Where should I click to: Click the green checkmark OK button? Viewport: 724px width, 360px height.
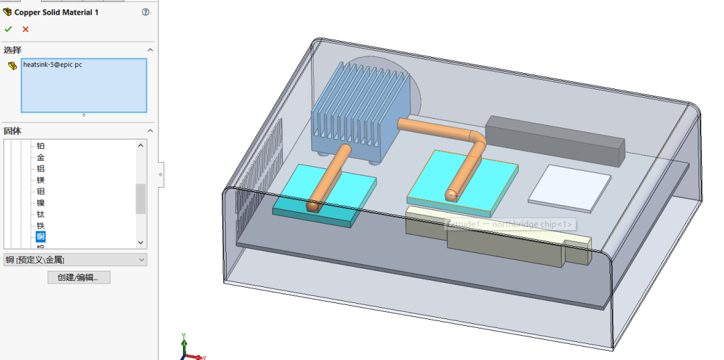pos(8,29)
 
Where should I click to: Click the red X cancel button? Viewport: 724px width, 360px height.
pos(25,29)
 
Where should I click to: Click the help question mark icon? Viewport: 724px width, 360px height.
pos(145,12)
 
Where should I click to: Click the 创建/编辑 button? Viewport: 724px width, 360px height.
pos(78,278)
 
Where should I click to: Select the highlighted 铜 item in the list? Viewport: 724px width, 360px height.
pos(41,237)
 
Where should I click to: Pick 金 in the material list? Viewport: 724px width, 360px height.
pos(41,158)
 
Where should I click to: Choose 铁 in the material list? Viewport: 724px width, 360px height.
pos(41,225)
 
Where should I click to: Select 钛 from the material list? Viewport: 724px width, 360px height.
pos(41,214)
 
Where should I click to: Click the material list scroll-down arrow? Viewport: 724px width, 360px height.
pos(141,243)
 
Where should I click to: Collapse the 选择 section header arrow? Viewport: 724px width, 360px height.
pos(150,50)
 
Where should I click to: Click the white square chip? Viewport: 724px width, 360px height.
pos(570,184)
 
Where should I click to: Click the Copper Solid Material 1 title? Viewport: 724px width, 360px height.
pos(56,12)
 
